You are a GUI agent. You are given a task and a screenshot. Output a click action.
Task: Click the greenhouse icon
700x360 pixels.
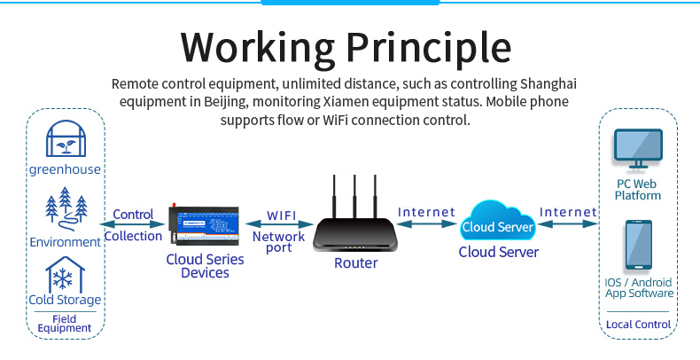65,139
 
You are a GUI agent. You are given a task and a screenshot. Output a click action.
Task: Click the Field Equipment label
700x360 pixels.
65,324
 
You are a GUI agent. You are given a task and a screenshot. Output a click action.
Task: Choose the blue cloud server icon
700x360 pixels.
498,224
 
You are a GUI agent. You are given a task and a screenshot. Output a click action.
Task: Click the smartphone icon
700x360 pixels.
638,246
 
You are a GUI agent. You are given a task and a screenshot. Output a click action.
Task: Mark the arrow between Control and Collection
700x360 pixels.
133,225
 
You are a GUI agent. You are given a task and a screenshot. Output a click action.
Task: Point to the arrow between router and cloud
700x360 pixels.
426,225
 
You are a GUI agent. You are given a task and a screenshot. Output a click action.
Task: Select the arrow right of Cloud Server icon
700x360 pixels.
568,225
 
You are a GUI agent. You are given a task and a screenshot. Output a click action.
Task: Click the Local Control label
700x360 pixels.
638,325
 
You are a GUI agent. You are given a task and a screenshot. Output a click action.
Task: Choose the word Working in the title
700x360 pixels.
254,46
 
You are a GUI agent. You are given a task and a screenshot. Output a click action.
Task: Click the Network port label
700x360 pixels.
278,242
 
